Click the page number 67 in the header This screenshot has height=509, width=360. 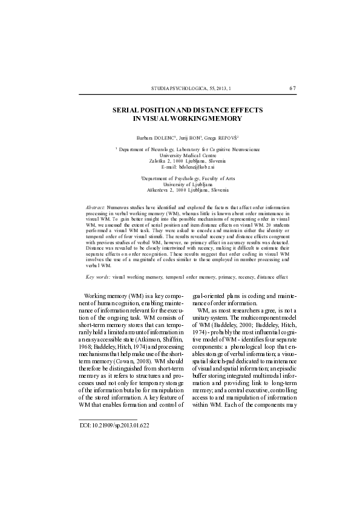tap(293, 88)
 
